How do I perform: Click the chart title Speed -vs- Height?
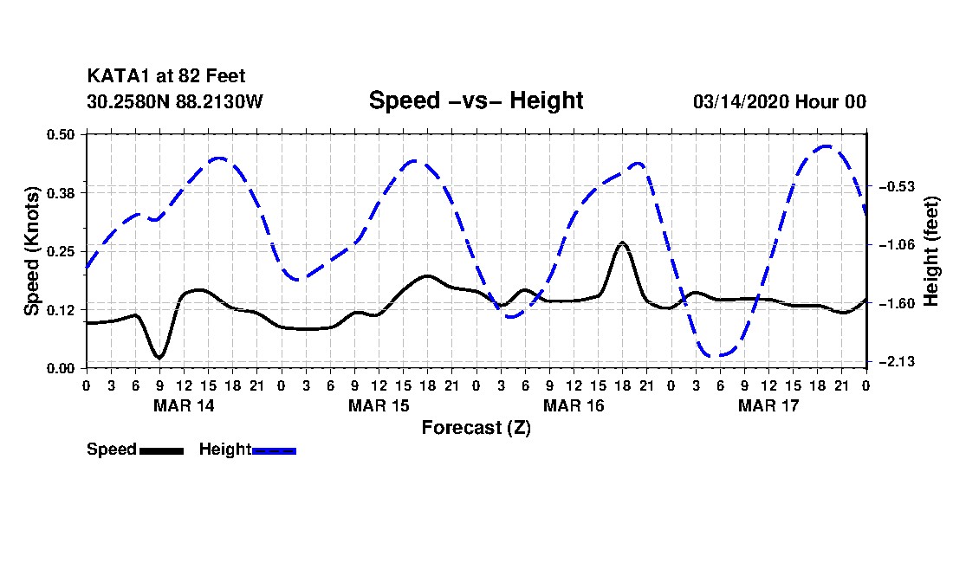coord(476,100)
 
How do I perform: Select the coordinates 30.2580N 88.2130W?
coord(174,101)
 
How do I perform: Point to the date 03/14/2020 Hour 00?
coord(779,101)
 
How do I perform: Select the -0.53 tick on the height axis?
coord(892,186)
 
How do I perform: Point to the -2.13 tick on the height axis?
coord(892,361)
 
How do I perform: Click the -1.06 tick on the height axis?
coord(892,245)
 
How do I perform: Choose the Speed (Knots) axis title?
coord(32,251)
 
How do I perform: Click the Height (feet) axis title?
coord(932,251)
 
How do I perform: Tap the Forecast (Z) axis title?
coord(476,428)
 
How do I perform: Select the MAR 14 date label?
coord(184,405)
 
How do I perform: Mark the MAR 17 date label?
coord(768,405)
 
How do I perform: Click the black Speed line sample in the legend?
coord(161,450)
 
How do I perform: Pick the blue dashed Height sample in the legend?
coord(274,450)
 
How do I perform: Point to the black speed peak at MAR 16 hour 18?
coord(622,243)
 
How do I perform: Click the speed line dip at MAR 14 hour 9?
coord(159,357)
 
